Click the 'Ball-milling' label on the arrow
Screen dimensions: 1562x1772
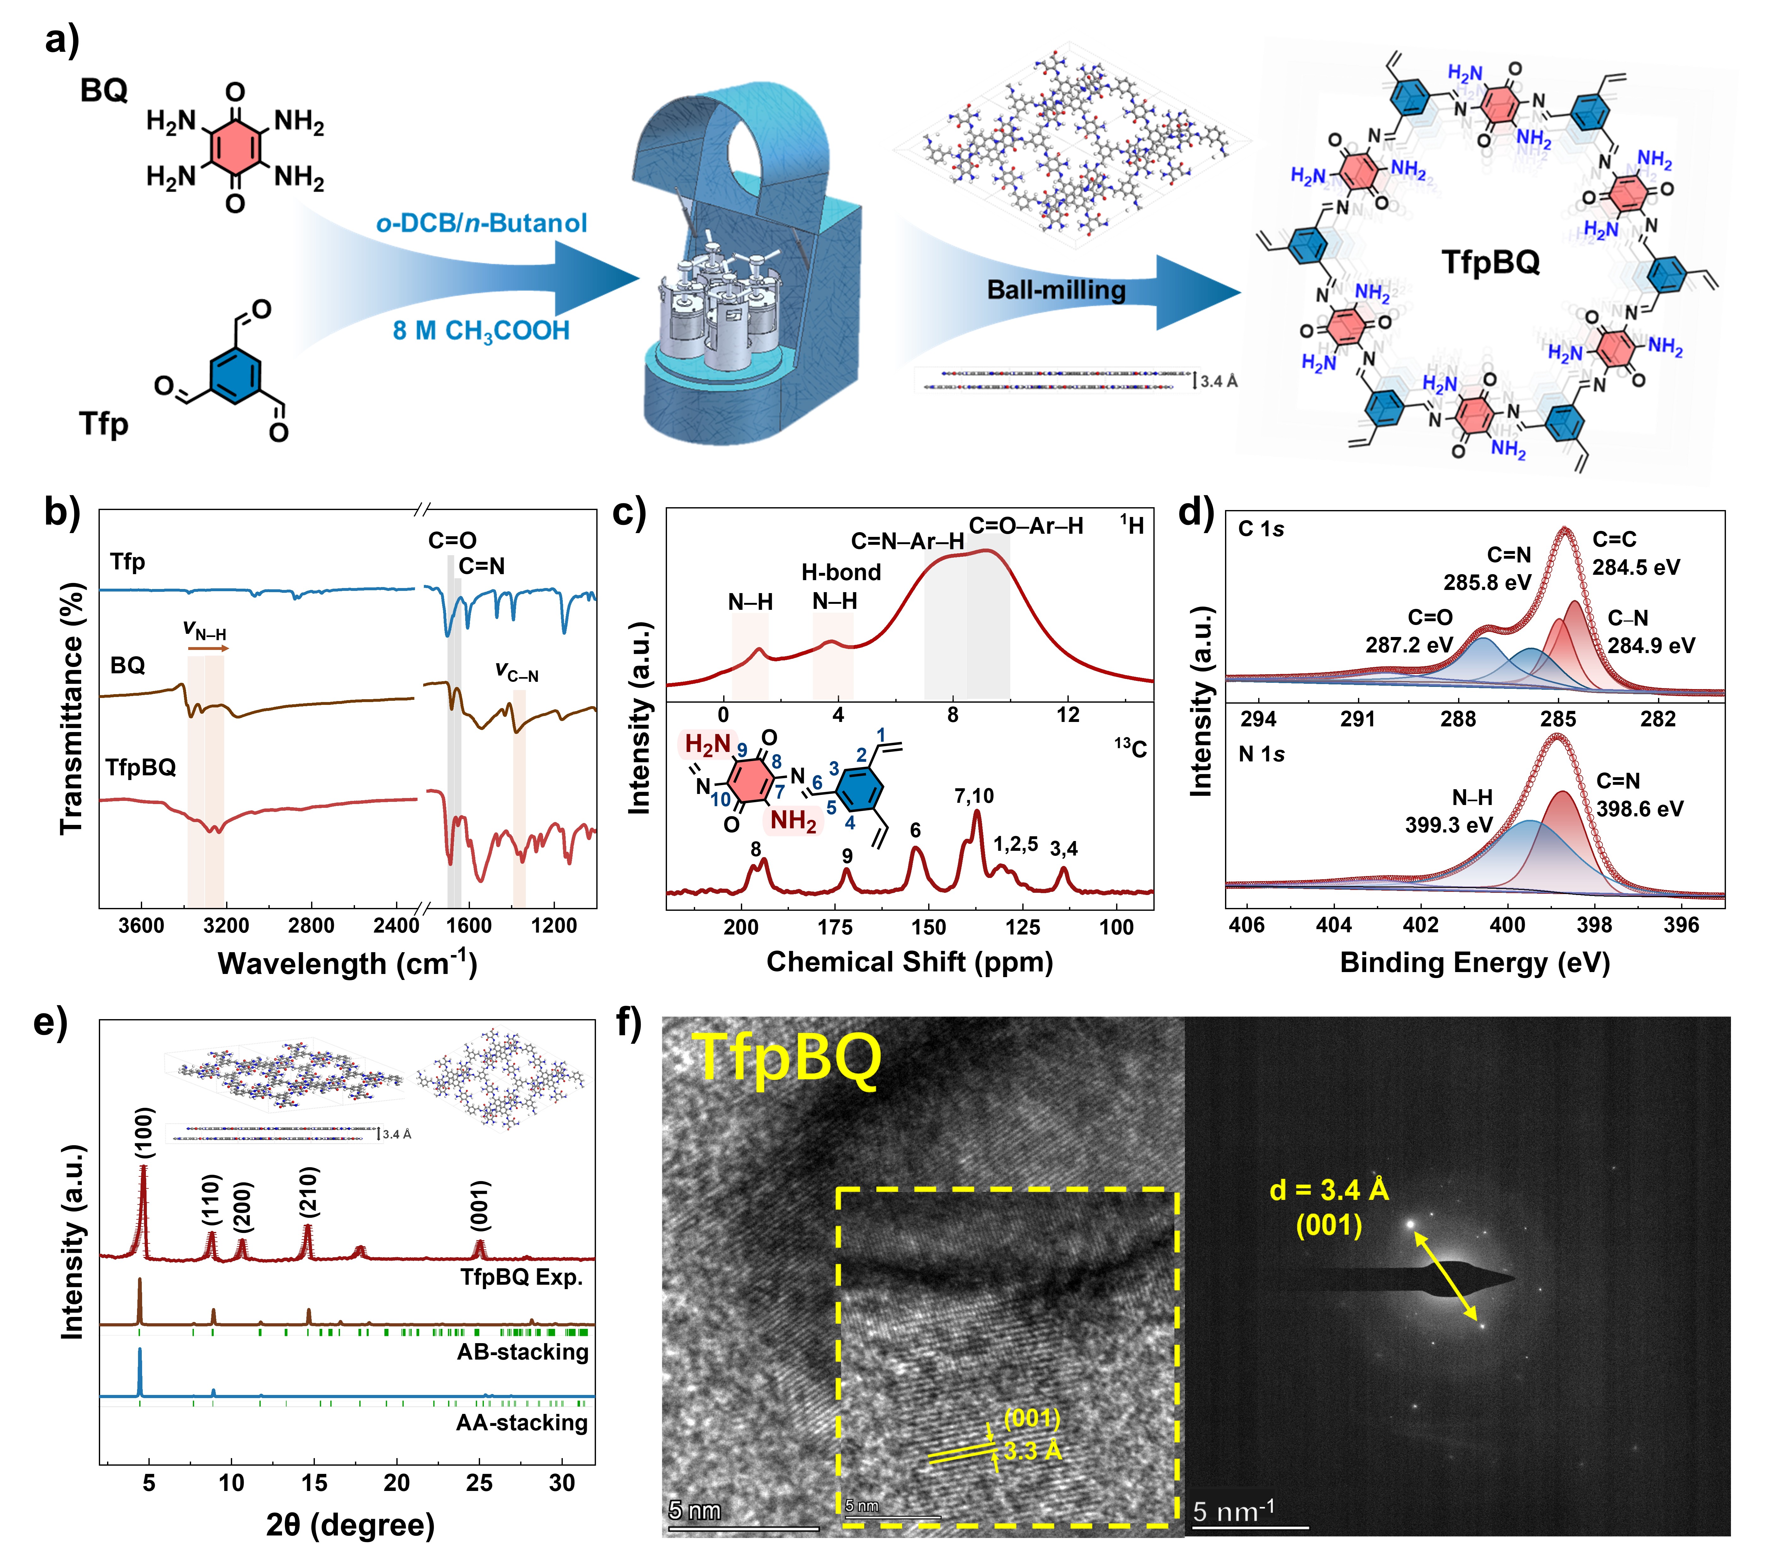pos(1056,290)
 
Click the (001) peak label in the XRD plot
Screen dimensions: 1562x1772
pos(479,1205)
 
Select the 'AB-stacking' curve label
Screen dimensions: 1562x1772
pos(523,1352)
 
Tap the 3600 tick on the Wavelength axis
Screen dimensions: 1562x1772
pos(141,926)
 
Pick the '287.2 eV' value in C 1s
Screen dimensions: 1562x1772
pos(1409,645)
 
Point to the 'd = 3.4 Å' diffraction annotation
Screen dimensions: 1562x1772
pos(1329,1190)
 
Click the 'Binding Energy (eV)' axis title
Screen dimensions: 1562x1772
pos(1475,963)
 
